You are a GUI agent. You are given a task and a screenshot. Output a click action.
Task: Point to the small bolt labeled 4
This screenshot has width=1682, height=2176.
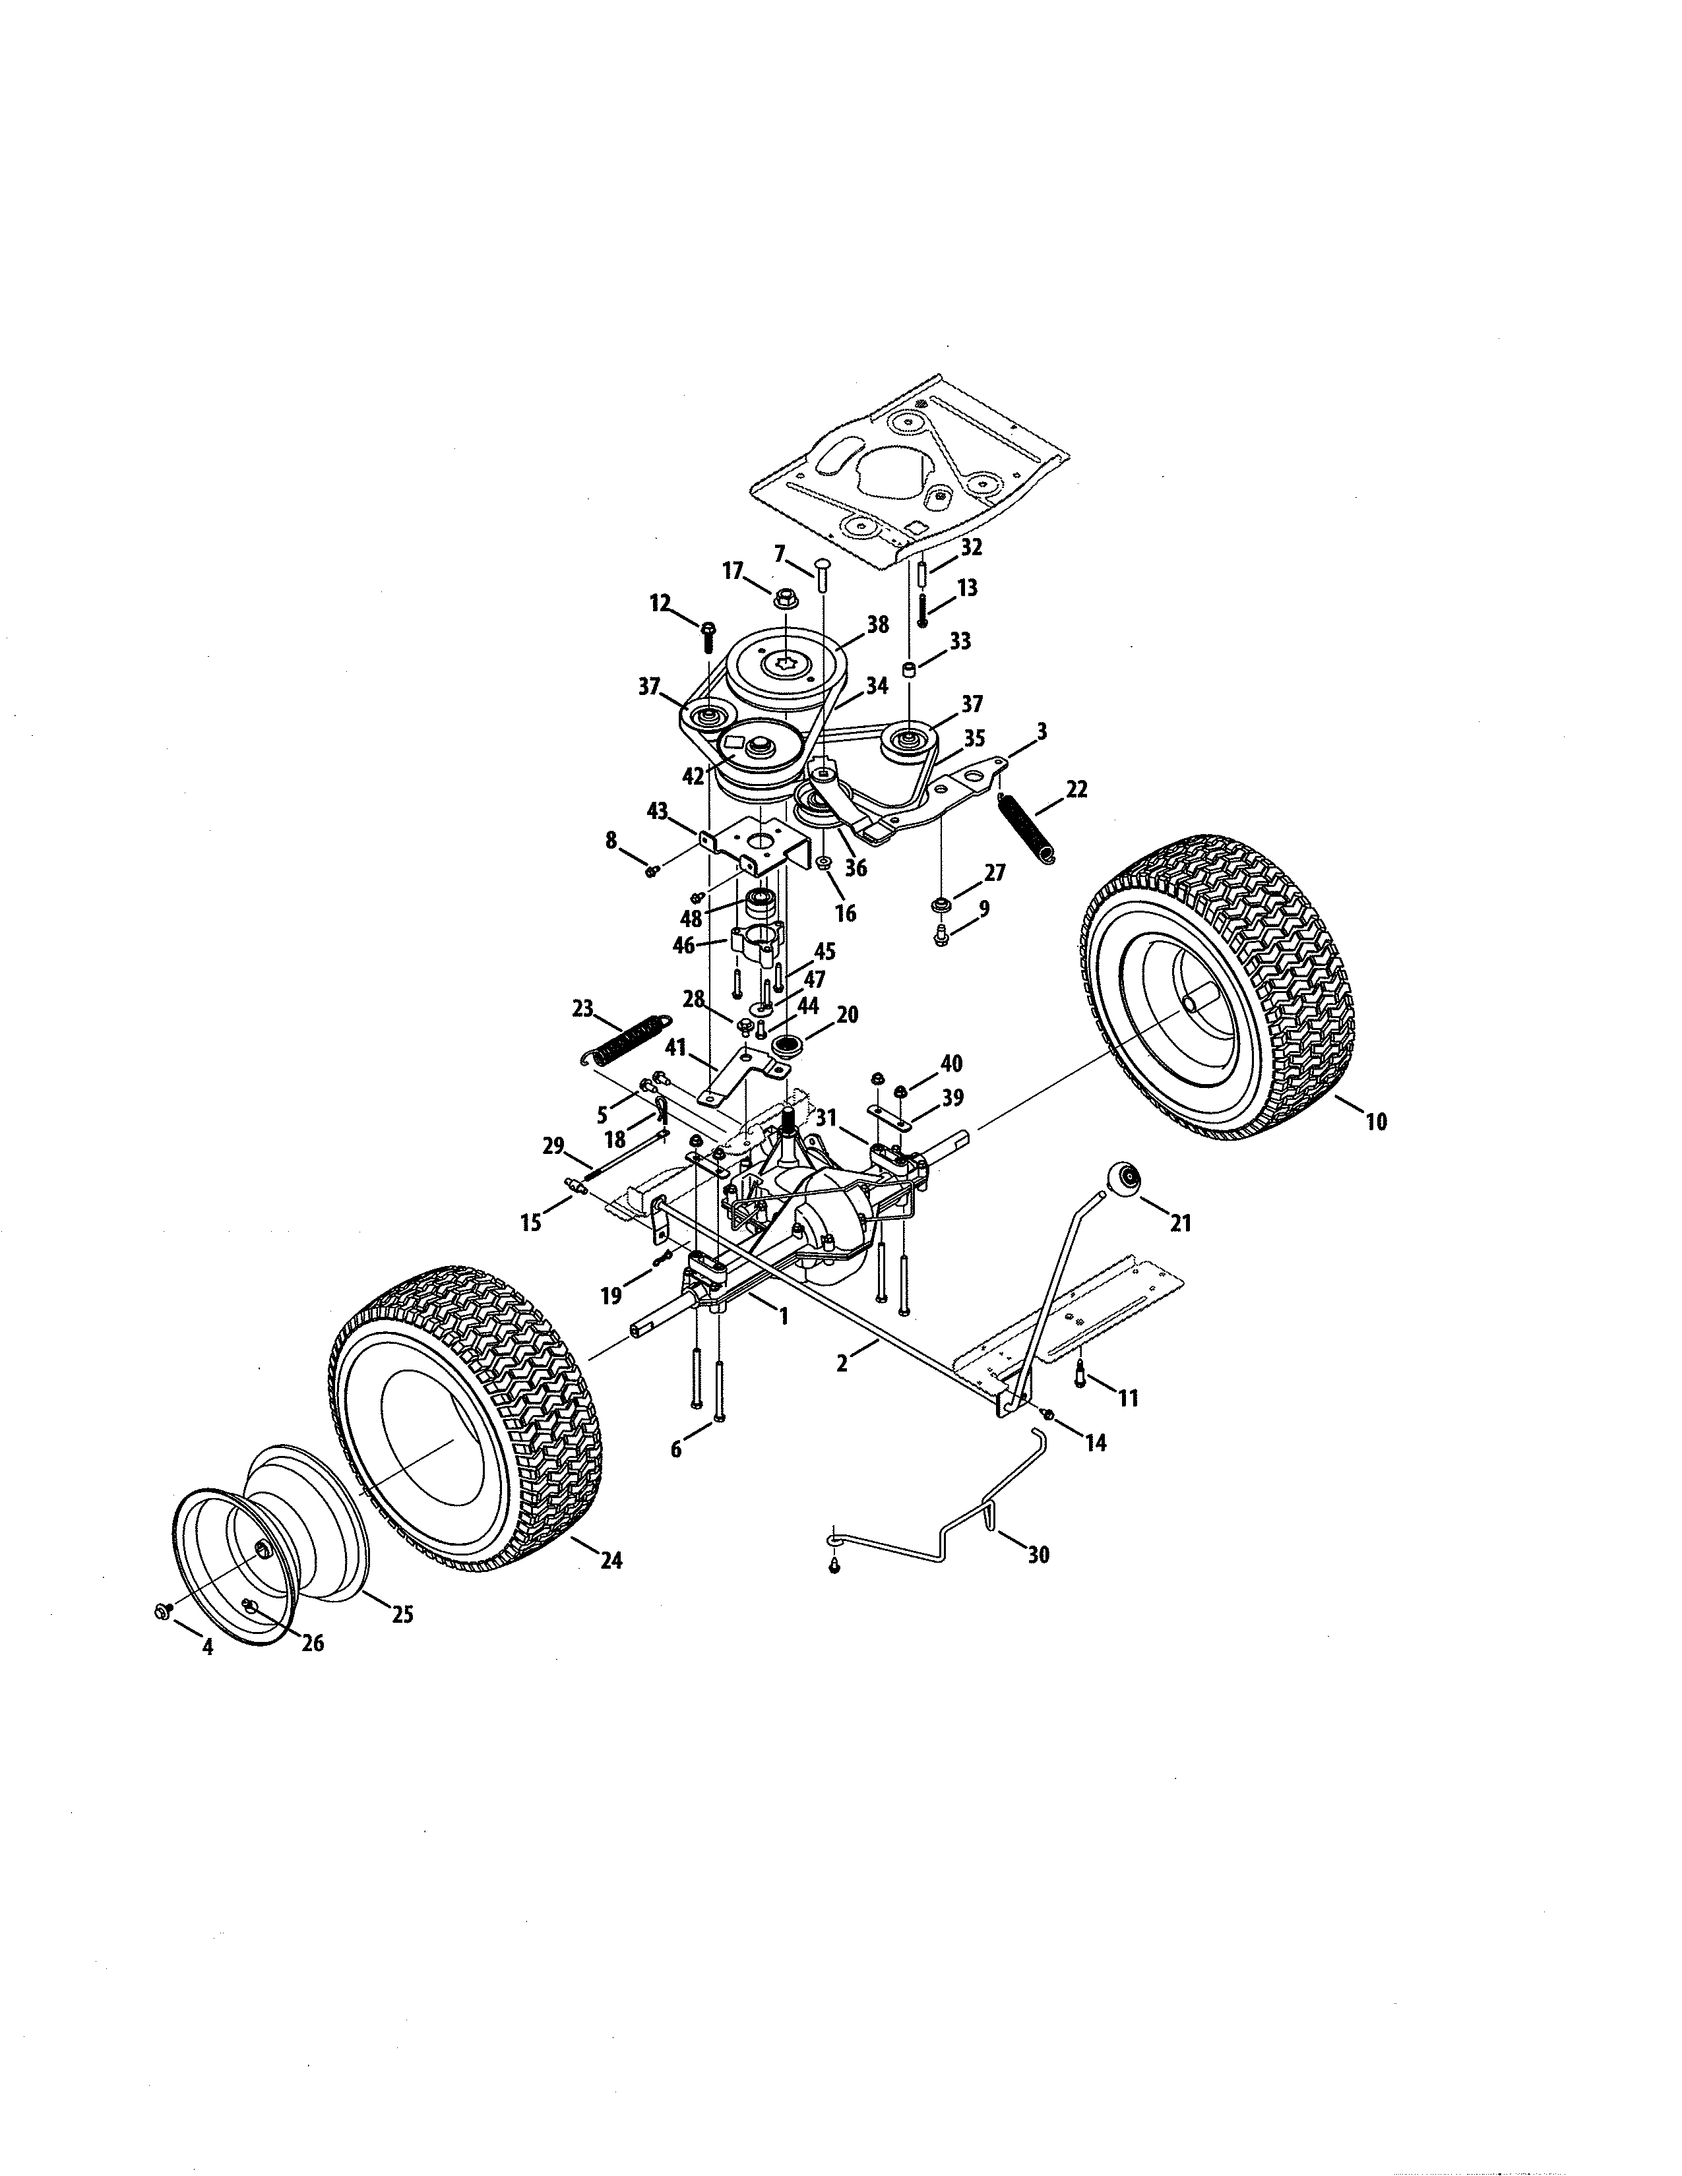point(162,1611)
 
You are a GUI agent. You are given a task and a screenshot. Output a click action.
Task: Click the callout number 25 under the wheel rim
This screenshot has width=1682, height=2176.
point(402,1614)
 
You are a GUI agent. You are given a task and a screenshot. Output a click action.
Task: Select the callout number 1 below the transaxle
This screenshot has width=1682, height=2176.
point(783,1316)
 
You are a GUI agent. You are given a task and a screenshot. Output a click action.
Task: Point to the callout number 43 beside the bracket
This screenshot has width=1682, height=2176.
point(657,811)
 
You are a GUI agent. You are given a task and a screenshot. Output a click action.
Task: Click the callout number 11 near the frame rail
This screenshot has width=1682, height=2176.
point(1127,1398)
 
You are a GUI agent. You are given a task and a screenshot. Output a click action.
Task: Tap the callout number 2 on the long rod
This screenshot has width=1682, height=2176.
point(842,1363)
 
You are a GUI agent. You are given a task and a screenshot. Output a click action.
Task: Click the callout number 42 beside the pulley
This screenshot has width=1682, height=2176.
point(693,775)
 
